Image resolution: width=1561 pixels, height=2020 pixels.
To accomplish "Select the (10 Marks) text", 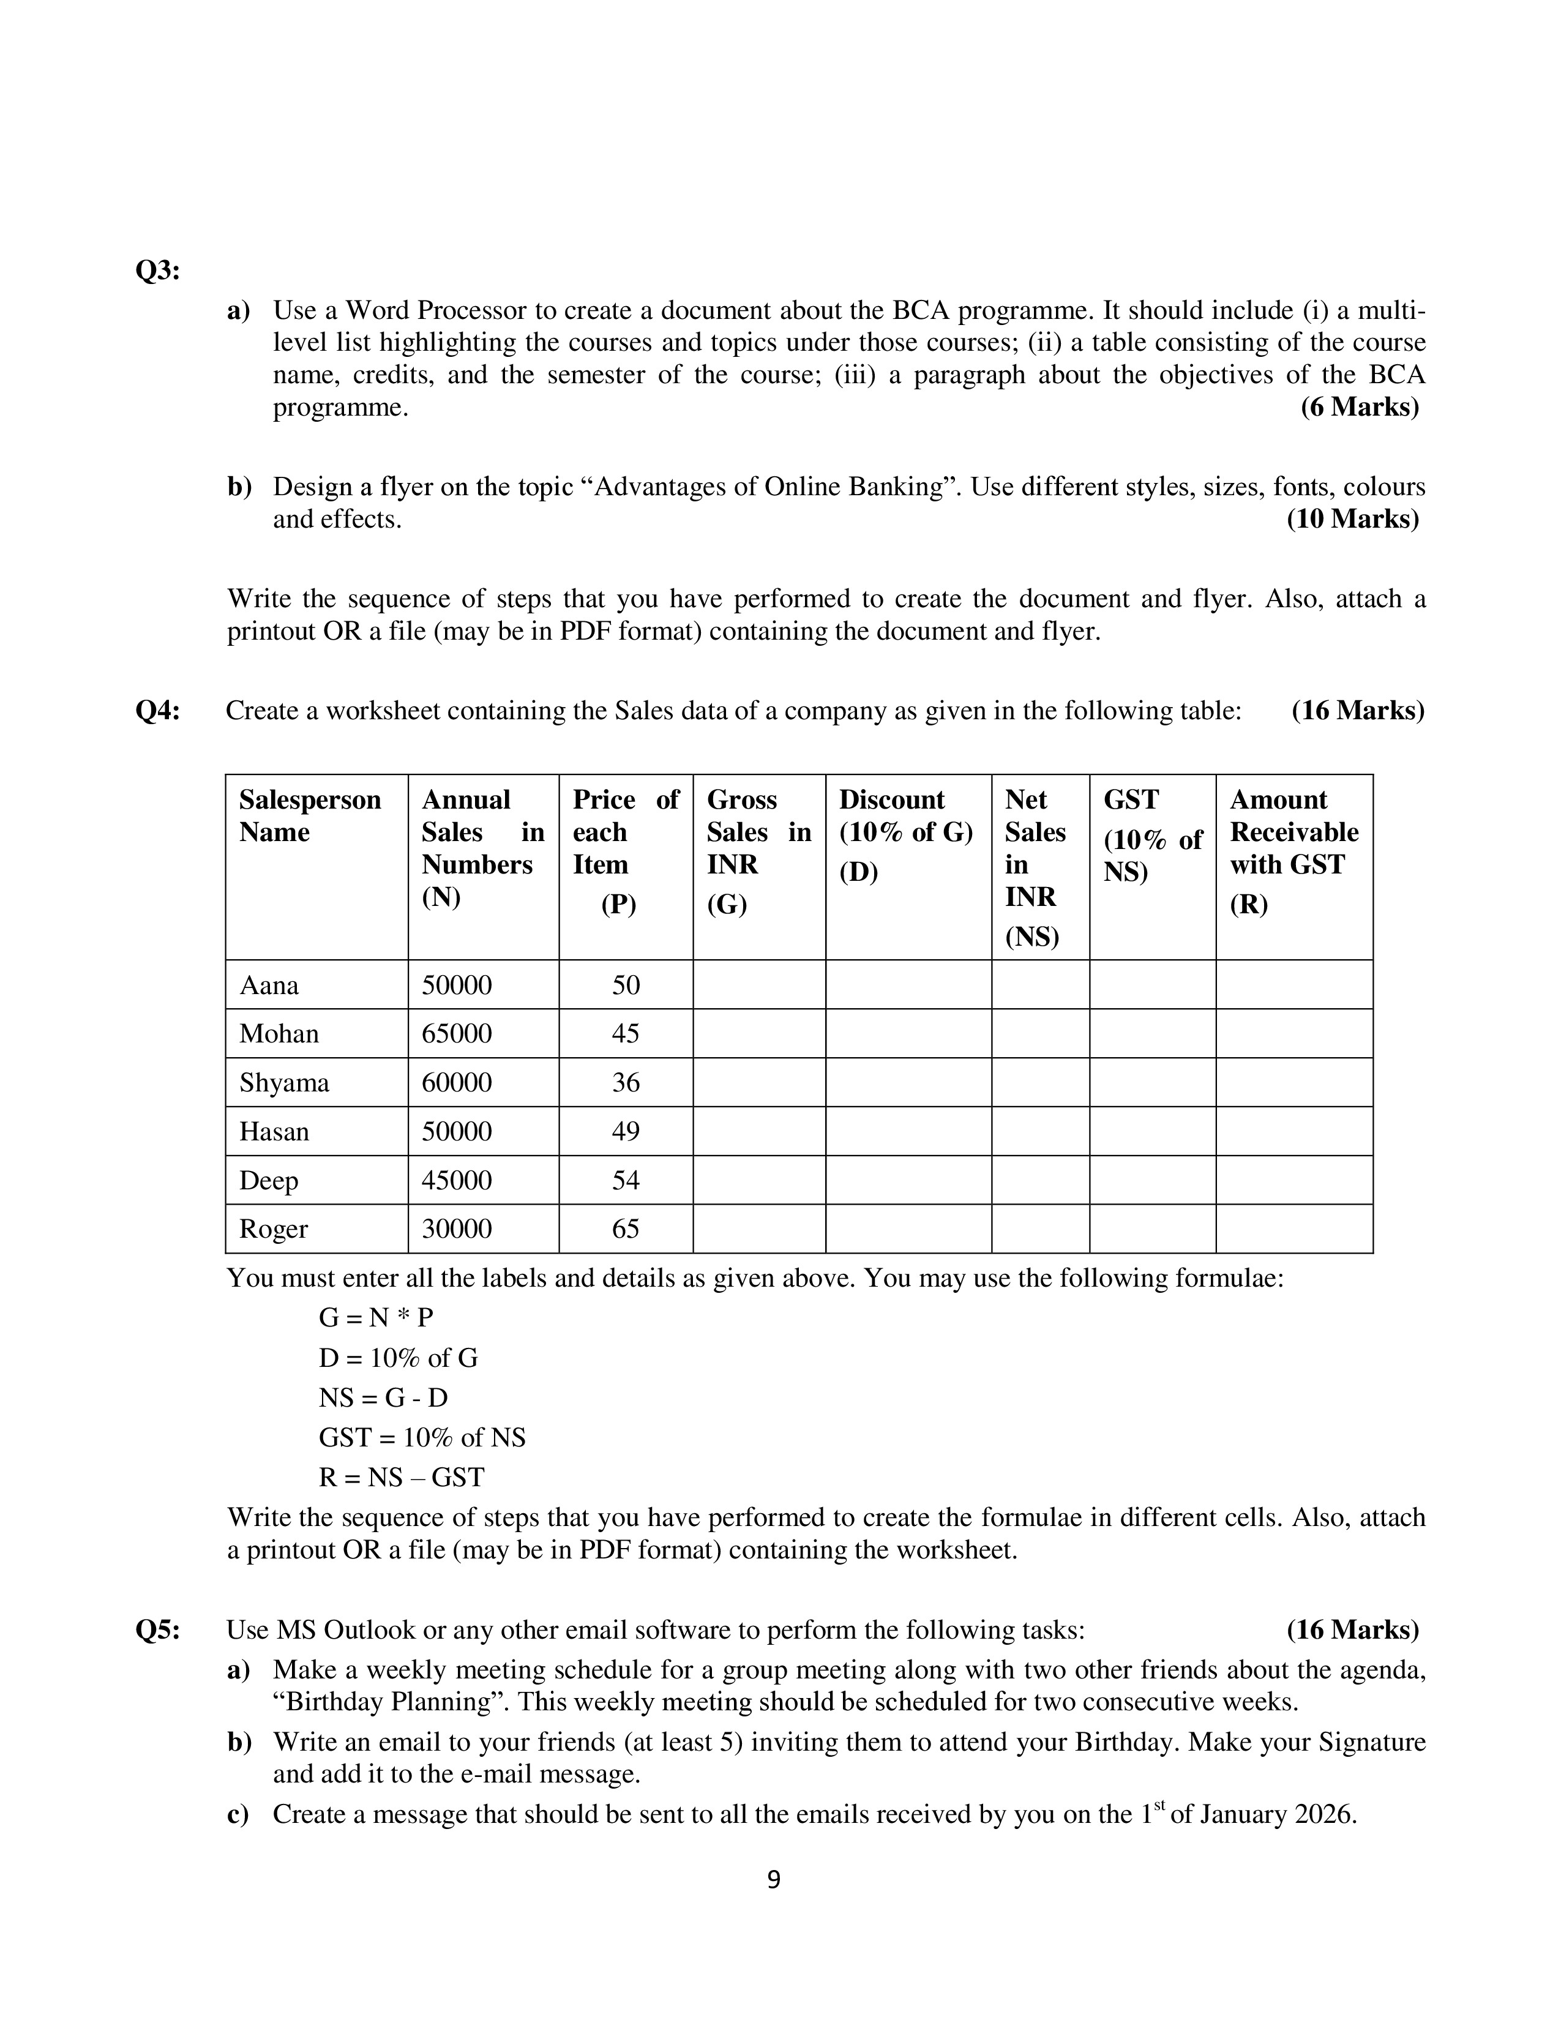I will coord(1352,519).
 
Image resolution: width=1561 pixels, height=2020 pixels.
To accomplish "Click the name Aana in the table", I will coord(269,985).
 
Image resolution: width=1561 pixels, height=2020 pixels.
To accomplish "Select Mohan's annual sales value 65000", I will coord(457,1033).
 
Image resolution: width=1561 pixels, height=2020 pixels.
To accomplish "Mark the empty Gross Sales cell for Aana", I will coord(758,984).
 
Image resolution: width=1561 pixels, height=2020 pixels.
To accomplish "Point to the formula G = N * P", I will coord(375,1317).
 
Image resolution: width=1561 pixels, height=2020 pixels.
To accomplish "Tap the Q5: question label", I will coord(157,1629).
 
